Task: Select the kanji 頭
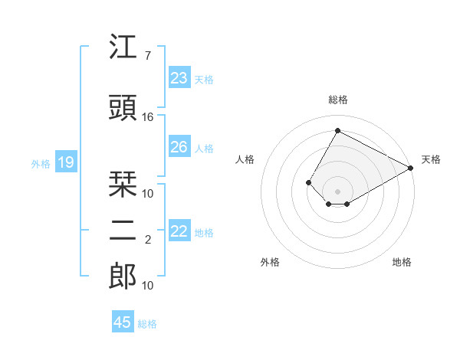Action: click(123, 108)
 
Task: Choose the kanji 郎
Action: click(123, 277)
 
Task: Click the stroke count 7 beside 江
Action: click(147, 56)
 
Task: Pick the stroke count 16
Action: click(148, 116)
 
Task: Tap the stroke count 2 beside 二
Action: click(148, 240)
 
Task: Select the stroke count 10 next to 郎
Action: click(148, 285)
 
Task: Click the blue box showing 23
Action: click(179, 78)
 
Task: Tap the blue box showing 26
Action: click(179, 147)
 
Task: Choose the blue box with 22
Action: click(179, 231)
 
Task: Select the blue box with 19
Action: click(65, 162)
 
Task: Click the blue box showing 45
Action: click(122, 322)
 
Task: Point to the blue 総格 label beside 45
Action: click(147, 324)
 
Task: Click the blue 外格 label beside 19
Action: click(40, 163)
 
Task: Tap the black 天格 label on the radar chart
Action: click(431, 159)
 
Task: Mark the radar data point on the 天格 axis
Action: click(410, 169)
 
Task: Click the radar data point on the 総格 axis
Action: click(337, 130)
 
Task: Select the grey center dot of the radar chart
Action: click(337, 191)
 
